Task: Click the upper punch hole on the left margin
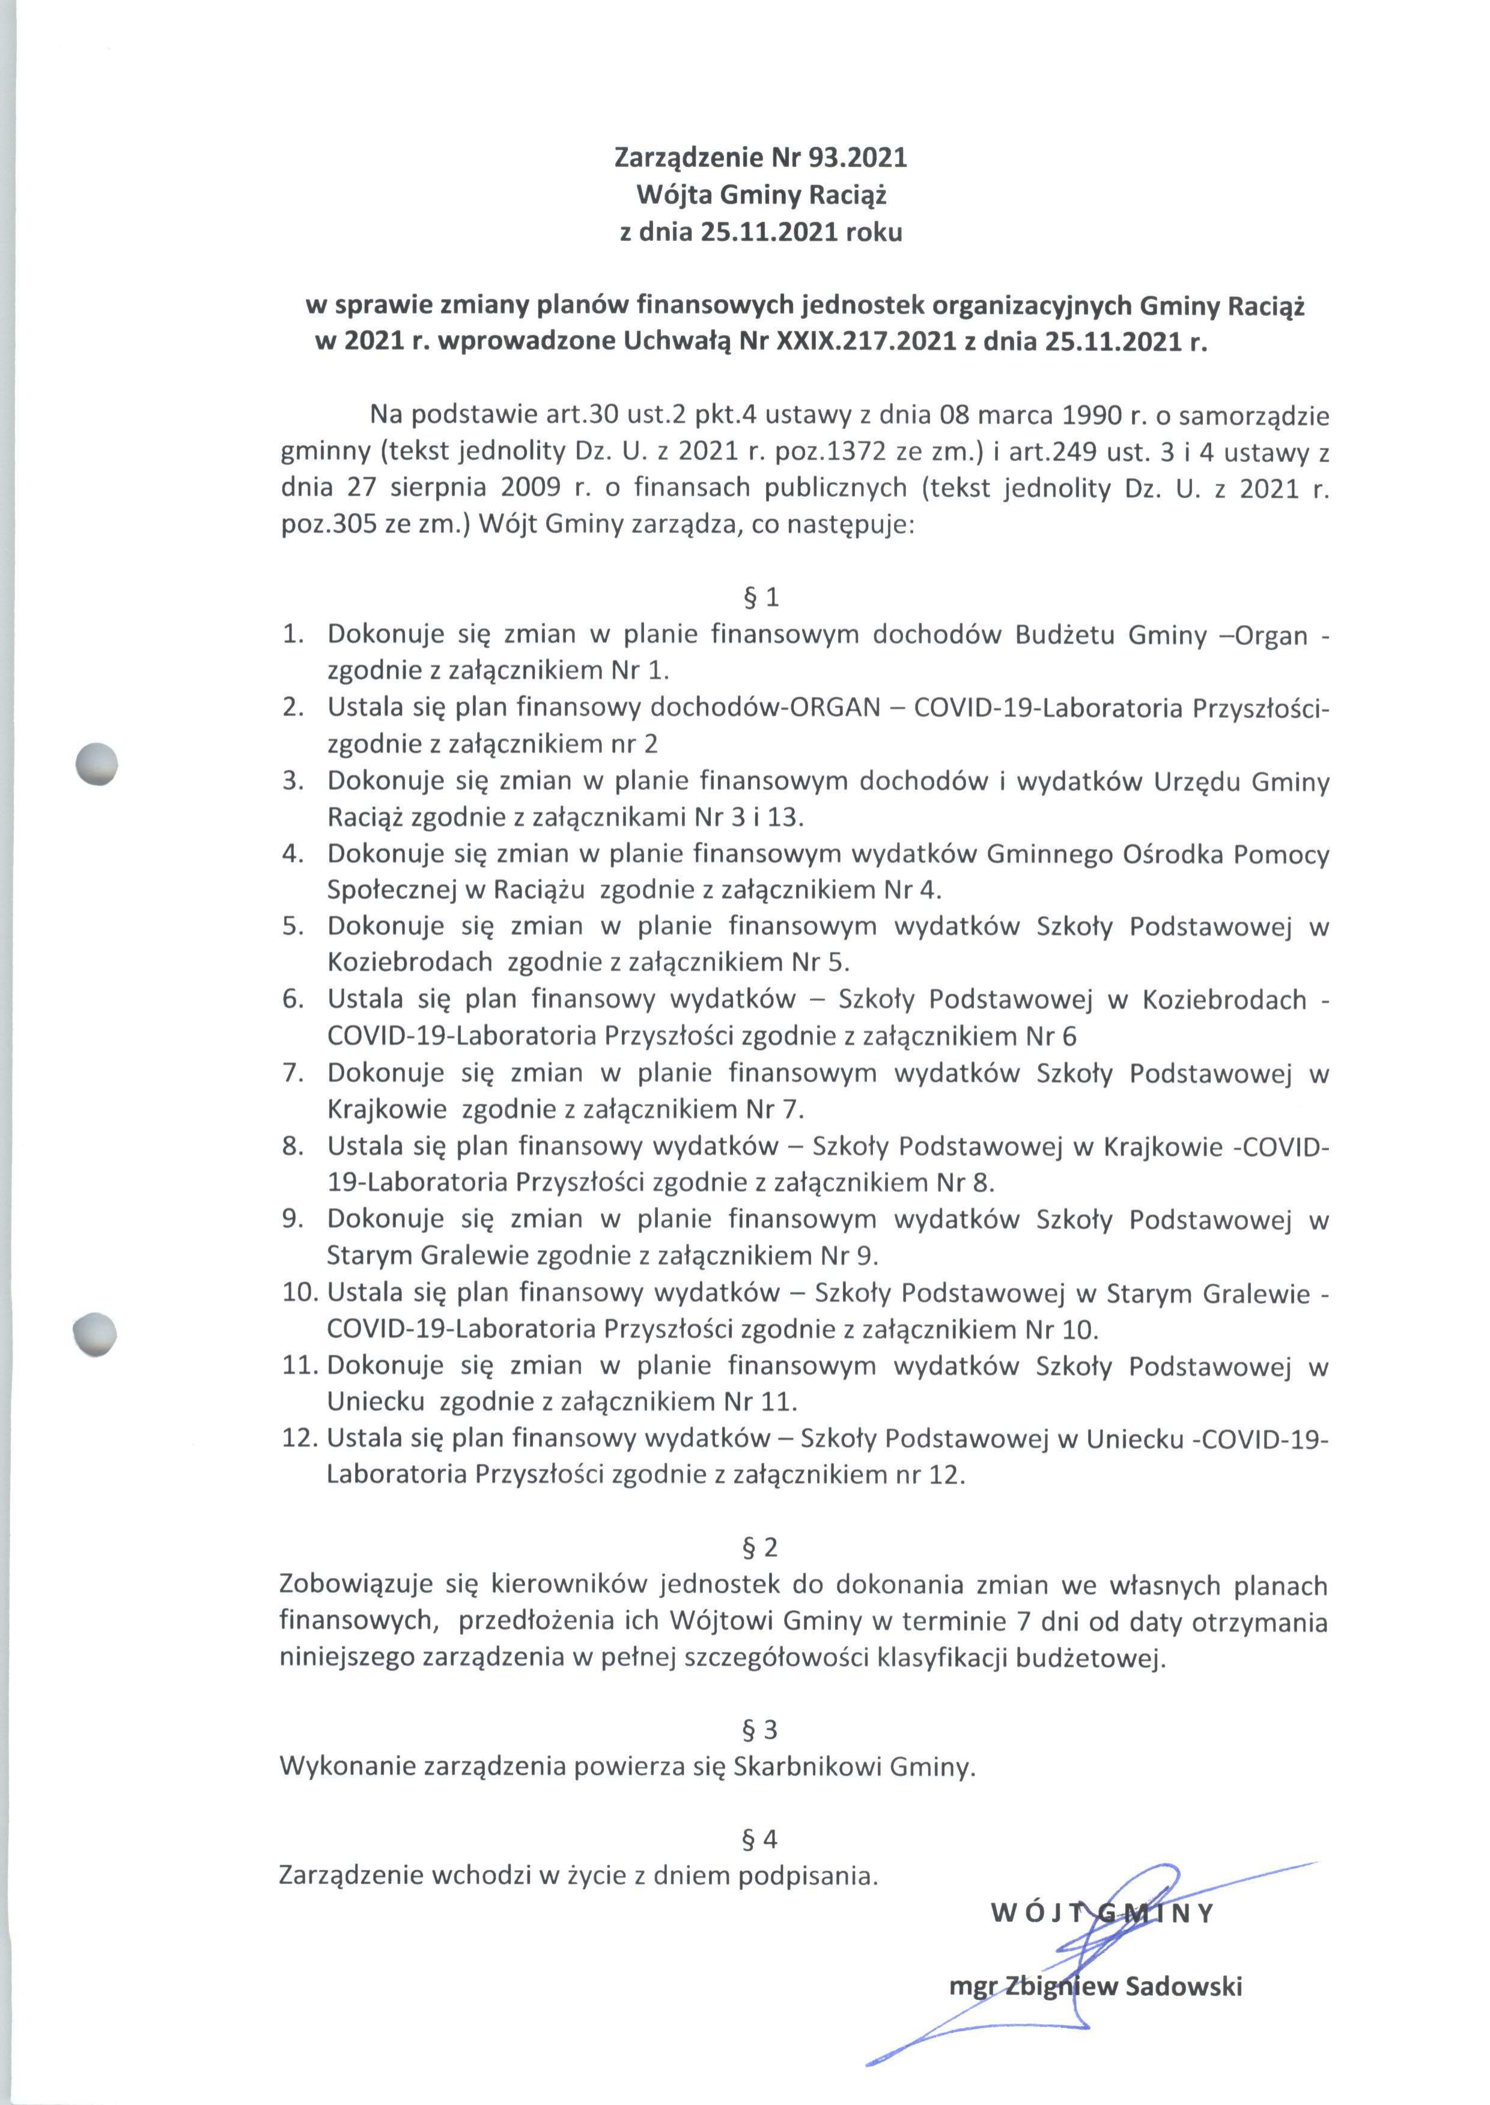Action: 97,763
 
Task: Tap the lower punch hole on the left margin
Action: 96,1331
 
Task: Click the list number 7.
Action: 294,1073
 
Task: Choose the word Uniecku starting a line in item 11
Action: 376,1402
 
